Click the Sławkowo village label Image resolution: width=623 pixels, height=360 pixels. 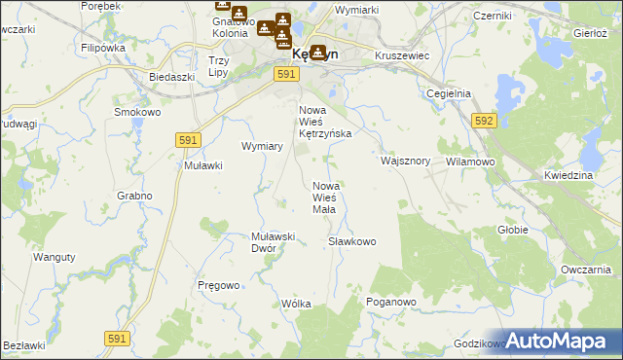(351, 240)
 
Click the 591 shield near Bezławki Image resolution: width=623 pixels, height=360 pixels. (117, 338)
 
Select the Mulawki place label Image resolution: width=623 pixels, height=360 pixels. (204, 165)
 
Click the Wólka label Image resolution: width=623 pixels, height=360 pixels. (296, 304)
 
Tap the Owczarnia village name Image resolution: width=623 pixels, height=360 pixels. (585, 269)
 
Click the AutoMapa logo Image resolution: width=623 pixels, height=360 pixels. (560, 341)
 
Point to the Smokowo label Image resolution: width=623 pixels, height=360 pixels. (137, 112)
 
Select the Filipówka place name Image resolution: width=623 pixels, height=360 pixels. (103, 47)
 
